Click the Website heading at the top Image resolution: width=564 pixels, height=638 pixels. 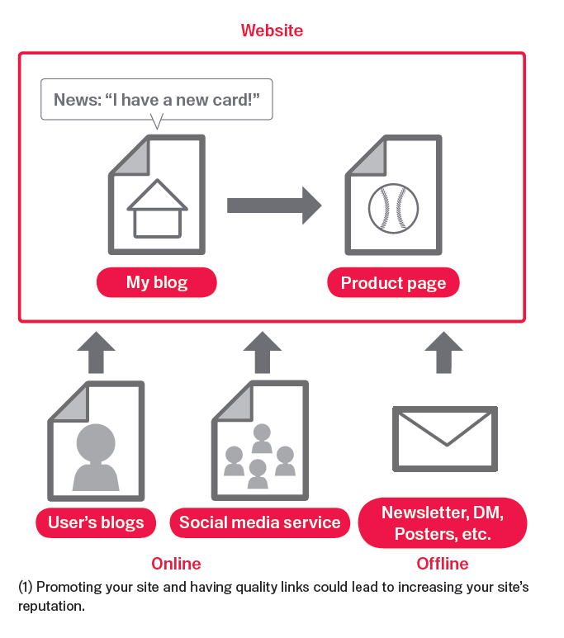[x=272, y=31]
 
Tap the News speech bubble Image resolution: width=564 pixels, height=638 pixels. [x=157, y=100]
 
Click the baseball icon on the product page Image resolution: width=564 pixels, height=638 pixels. [x=393, y=207]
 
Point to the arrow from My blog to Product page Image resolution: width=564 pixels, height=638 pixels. [x=273, y=205]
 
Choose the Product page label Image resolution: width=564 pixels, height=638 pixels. [x=393, y=283]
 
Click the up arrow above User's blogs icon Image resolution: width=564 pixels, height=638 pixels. [x=97, y=352]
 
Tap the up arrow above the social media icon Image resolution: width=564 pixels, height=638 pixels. [x=263, y=352]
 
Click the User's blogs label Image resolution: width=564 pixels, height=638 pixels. [x=96, y=522]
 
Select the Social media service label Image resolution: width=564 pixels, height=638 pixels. [x=259, y=522]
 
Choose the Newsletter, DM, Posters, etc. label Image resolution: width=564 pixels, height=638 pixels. [x=443, y=523]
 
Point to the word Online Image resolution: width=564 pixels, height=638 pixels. [x=176, y=564]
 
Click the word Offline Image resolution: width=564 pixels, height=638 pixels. [x=442, y=564]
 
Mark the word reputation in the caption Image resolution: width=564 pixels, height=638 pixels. [x=51, y=605]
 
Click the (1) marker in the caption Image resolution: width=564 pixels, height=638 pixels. [x=26, y=588]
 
